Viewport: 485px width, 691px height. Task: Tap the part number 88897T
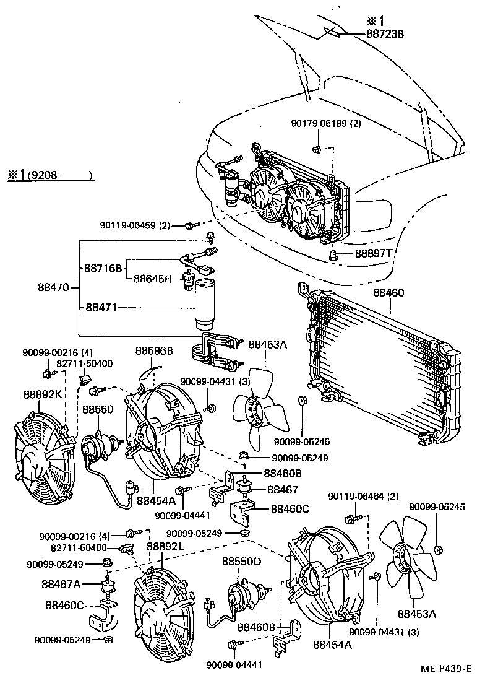[374, 254]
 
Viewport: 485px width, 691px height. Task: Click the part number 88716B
[104, 269]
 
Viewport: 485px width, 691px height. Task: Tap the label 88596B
[154, 351]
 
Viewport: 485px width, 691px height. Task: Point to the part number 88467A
[62, 583]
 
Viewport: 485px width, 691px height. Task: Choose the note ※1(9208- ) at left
[49, 175]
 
